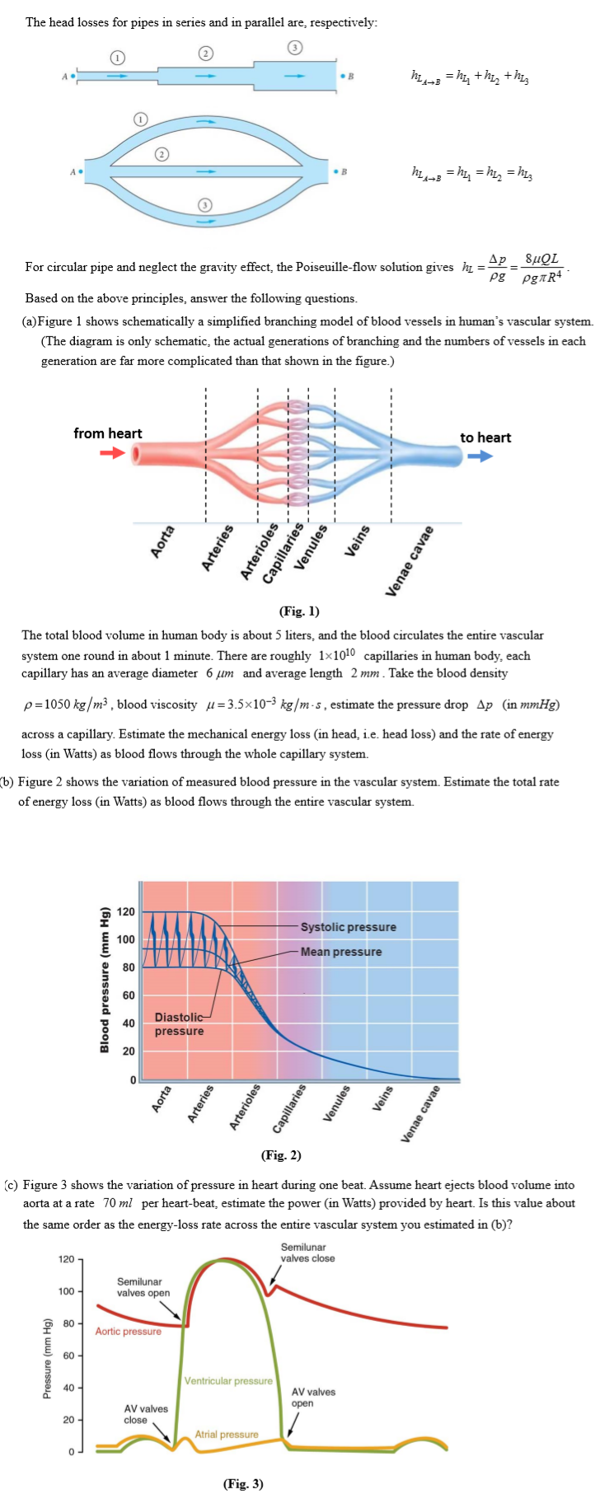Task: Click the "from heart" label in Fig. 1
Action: click(x=107, y=433)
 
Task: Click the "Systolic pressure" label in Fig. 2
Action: click(x=348, y=927)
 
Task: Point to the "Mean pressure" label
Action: click(x=340, y=952)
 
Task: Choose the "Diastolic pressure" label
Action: click(x=179, y=1024)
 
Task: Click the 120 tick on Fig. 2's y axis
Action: click(x=126, y=911)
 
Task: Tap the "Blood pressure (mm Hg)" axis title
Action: click(x=105, y=980)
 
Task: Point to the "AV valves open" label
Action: click(x=313, y=1398)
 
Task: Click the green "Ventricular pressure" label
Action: click(x=227, y=1380)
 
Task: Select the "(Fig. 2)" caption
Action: click(x=281, y=1155)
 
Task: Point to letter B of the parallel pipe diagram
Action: click(x=345, y=172)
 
